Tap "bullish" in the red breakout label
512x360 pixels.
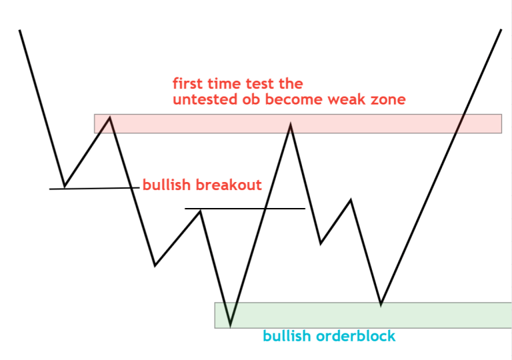(165, 185)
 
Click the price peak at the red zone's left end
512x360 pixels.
(109, 118)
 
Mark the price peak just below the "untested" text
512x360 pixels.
(291, 124)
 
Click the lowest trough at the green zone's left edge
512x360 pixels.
(230, 325)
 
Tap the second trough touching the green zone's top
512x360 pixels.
(381, 305)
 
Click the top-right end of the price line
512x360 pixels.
(501, 30)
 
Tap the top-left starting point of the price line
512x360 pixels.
(20, 30)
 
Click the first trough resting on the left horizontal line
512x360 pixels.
(64, 186)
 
